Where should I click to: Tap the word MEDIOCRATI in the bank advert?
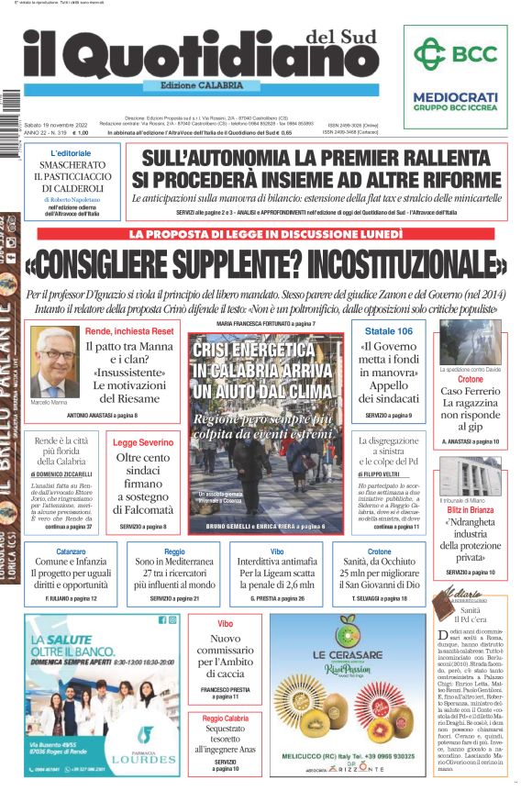click(x=455, y=97)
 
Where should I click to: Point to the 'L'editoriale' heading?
click(x=71, y=153)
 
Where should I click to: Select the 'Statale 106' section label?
click(x=389, y=330)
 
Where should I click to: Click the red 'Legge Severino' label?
click(x=142, y=442)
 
